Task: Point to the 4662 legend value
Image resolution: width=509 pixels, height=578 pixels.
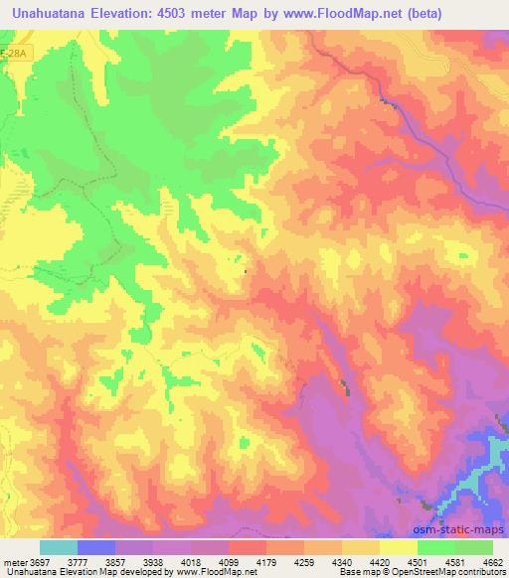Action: pos(494,560)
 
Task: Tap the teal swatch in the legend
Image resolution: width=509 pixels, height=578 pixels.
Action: pos(59,547)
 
